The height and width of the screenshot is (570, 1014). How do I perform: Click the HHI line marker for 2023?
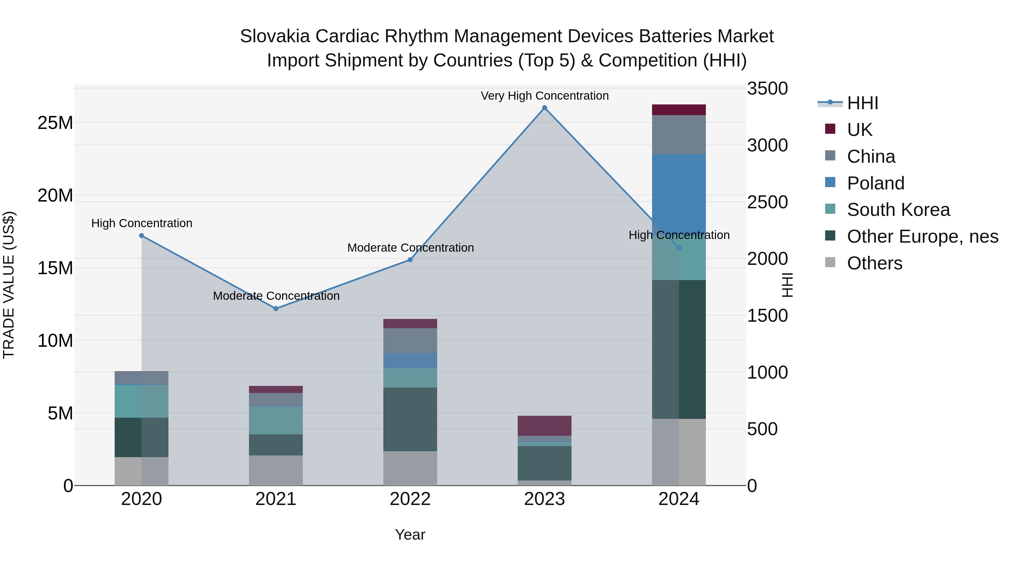pyautogui.click(x=544, y=108)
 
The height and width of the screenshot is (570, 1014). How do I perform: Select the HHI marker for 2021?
pyautogui.click(x=276, y=309)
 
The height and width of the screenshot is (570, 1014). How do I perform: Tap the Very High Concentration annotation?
pyautogui.click(x=544, y=96)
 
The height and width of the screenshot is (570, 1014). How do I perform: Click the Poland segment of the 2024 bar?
pyautogui.click(x=679, y=193)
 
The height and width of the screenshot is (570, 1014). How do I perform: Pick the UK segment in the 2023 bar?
pyautogui.click(x=544, y=426)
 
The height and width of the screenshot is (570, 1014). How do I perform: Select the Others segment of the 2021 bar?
pyautogui.click(x=276, y=470)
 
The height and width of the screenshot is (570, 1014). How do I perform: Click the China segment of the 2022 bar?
pyautogui.click(x=410, y=341)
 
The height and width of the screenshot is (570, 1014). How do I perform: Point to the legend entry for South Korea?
pyautogui.click(x=898, y=210)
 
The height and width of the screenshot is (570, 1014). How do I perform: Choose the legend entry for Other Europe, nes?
pyautogui.click(x=922, y=236)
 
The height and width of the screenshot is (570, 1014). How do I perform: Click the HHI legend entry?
pyautogui.click(x=862, y=103)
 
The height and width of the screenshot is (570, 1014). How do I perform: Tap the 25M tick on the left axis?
pyautogui.click(x=55, y=123)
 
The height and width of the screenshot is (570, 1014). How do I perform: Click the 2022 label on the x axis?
pyautogui.click(x=410, y=499)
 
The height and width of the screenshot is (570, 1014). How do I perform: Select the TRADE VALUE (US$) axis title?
pyautogui.click(x=9, y=285)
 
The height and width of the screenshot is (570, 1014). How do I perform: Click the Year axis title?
pyautogui.click(x=410, y=535)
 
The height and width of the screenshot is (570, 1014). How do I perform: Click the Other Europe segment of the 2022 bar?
pyautogui.click(x=410, y=419)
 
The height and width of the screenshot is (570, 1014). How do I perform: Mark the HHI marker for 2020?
pyautogui.click(x=142, y=236)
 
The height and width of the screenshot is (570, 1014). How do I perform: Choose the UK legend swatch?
pyautogui.click(x=830, y=129)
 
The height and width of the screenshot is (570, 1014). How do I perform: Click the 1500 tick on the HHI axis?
pyautogui.click(x=767, y=316)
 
